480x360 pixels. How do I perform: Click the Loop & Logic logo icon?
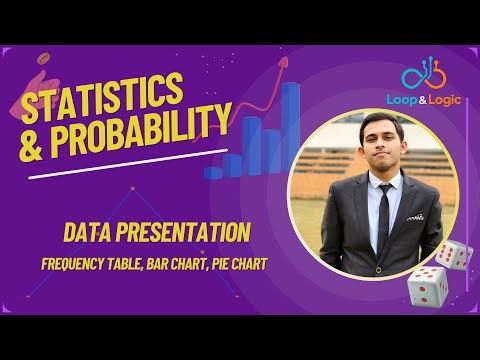click(420, 74)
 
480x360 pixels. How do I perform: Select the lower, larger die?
click(426, 287)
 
